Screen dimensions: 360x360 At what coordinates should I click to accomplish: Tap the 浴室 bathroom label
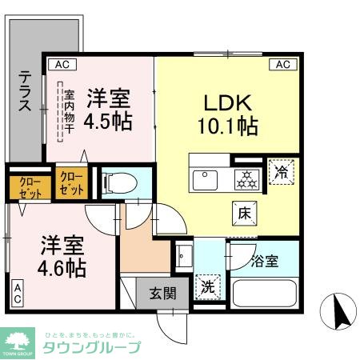pos(264,261)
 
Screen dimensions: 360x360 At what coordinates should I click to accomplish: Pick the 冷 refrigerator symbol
pos(282,170)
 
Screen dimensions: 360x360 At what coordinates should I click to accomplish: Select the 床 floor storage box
pos(244,212)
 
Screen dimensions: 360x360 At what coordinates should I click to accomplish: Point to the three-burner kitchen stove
pos(246,178)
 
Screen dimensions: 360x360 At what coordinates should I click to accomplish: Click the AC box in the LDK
pos(282,64)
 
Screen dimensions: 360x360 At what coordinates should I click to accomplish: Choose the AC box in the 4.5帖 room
pos(62,64)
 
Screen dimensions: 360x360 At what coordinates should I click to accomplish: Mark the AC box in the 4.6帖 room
pos(18,293)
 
